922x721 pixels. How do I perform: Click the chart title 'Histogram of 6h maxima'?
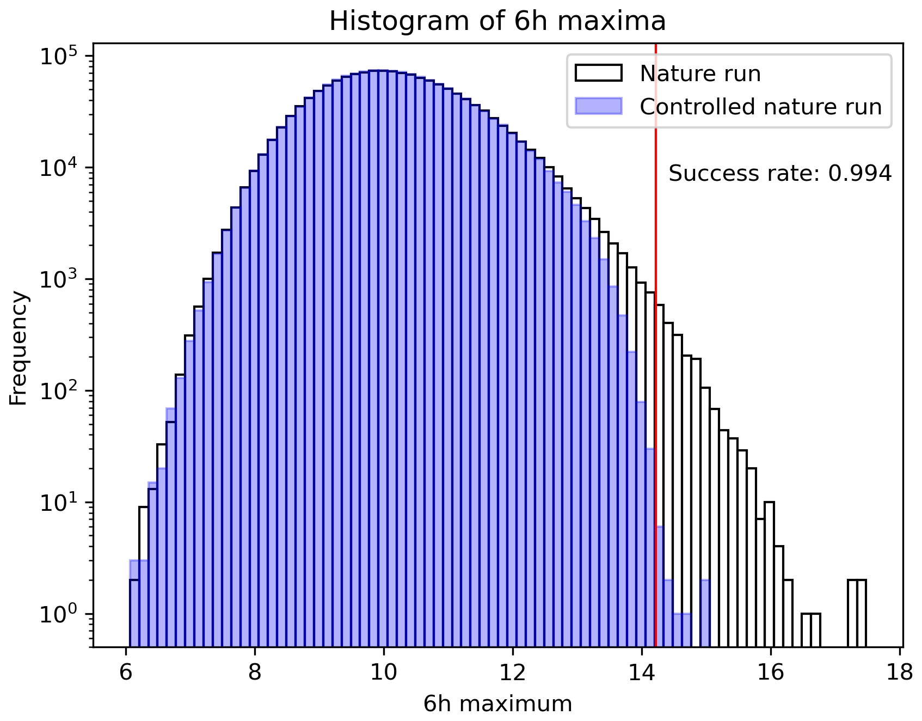coord(497,22)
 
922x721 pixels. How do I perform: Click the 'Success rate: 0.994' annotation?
coord(780,174)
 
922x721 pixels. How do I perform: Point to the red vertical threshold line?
coord(656,381)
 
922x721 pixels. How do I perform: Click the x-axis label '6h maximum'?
coord(497,704)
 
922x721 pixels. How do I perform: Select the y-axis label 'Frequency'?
coord(19,349)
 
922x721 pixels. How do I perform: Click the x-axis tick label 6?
coord(126,674)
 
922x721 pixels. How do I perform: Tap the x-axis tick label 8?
coord(255,674)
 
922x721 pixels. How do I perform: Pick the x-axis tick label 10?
coord(384,674)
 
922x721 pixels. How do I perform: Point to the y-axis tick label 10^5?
coord(59,57)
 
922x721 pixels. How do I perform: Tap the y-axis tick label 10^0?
coord(59,615)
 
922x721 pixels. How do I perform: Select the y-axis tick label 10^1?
coord(59,503)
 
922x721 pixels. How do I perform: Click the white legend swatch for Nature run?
coord(598,73)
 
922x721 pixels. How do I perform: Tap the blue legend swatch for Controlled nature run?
coord(598,106)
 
